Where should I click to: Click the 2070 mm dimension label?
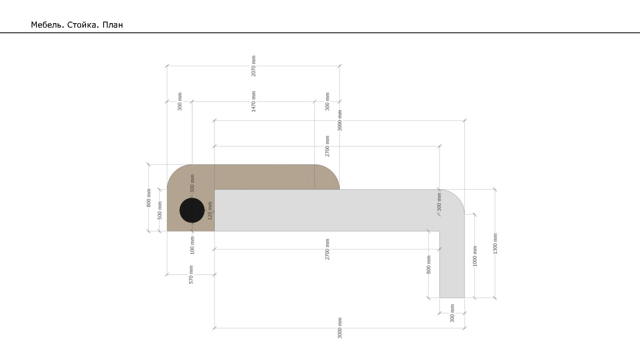[254, 66]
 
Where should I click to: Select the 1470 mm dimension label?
[254, 102]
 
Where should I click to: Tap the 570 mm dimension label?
[191, 274]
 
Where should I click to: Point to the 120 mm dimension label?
[210, 211]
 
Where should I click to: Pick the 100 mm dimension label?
[192, 245]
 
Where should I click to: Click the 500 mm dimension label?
[160, 210]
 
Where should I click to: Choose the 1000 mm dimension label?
[475, 256]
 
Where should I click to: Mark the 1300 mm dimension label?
[495, 244]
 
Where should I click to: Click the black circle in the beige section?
[192, 210]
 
